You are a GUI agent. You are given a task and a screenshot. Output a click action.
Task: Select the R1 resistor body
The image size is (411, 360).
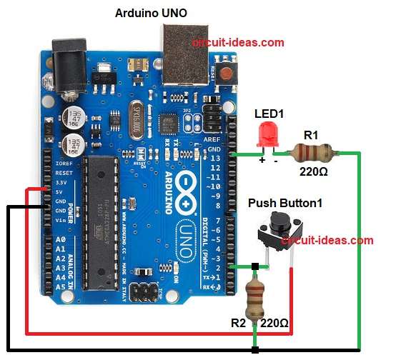(310, 151)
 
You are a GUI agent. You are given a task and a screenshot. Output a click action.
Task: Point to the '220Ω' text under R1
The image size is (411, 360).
(314, 171)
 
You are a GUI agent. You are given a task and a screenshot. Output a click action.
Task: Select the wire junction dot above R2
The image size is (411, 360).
(255, 268)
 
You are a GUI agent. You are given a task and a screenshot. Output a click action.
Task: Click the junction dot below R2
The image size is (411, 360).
(255, 350)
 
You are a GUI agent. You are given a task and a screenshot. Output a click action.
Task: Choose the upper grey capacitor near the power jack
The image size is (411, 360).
(73, 117)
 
